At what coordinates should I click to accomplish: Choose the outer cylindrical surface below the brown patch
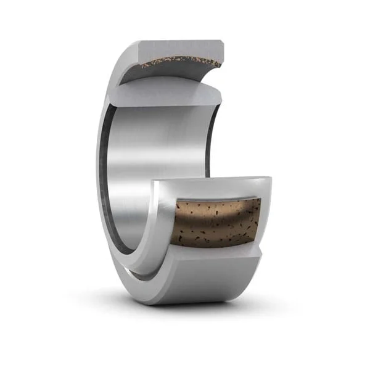tap(216, 281)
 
